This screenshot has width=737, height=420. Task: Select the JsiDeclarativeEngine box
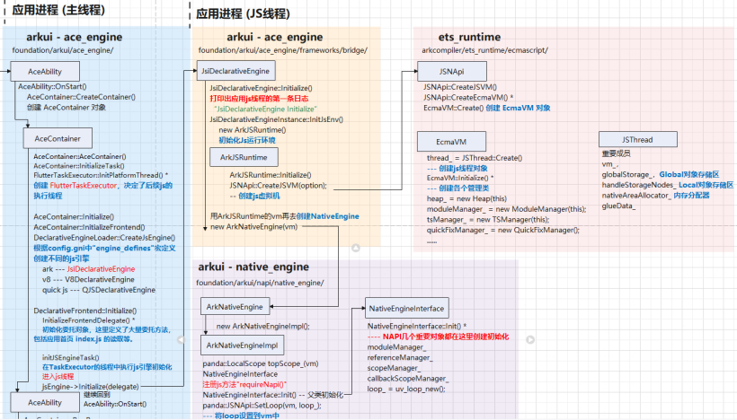(235, 71)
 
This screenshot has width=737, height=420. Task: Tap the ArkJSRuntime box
(236, 157)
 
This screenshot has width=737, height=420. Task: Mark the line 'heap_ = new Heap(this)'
(467, 198)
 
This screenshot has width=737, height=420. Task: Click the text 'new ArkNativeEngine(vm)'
(254, 227)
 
